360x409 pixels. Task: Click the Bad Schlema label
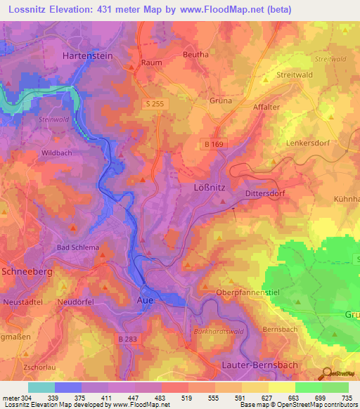(x=78, y=248)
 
